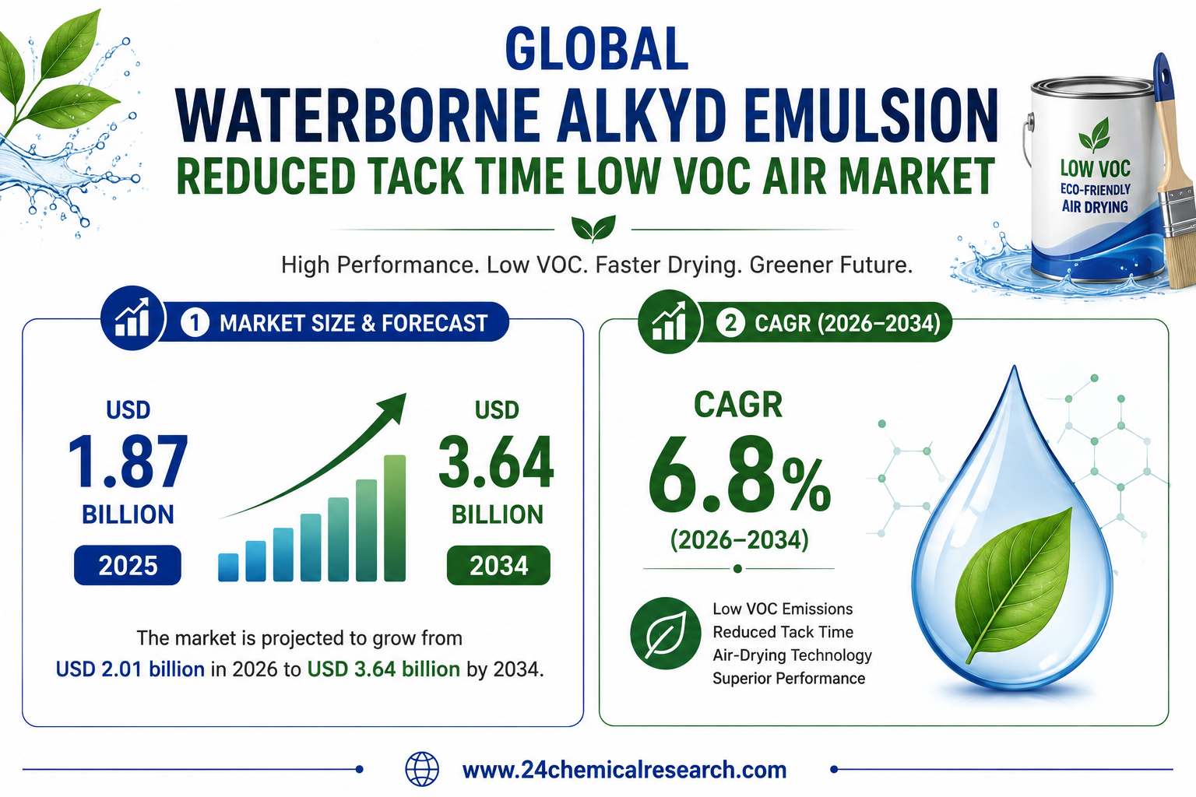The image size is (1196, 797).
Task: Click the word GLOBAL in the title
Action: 596,49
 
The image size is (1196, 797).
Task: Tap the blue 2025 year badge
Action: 128,565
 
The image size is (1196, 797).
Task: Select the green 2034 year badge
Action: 498,565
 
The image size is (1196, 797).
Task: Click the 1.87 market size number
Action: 128,462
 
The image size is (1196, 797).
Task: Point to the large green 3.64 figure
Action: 496,462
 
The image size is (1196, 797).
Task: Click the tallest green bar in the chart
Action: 395,518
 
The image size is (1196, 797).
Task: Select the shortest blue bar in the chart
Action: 228,567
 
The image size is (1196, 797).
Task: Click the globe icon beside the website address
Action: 422,769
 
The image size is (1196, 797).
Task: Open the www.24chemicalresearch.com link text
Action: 624,770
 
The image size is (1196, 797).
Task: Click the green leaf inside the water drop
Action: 1013,585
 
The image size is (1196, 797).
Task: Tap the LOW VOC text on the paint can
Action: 1095,169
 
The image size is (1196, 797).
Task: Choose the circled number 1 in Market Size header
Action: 195,323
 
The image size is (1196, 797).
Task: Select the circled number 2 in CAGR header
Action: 730,323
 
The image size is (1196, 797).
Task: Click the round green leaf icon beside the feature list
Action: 665,633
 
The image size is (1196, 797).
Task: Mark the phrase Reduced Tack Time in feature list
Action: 783,632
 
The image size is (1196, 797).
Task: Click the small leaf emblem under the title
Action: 593,229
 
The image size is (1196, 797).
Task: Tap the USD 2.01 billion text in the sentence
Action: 130,669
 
